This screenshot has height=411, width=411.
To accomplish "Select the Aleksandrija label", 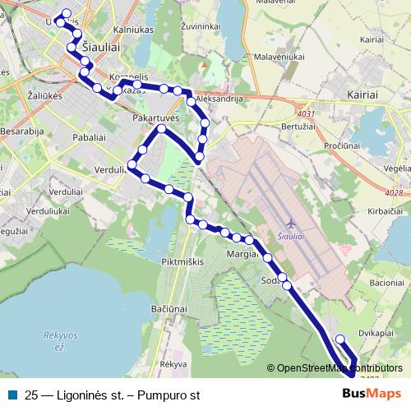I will [220, 98].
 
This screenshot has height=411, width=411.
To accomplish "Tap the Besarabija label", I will [22, 130].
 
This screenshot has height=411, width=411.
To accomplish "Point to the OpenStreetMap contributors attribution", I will [339, 367].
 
